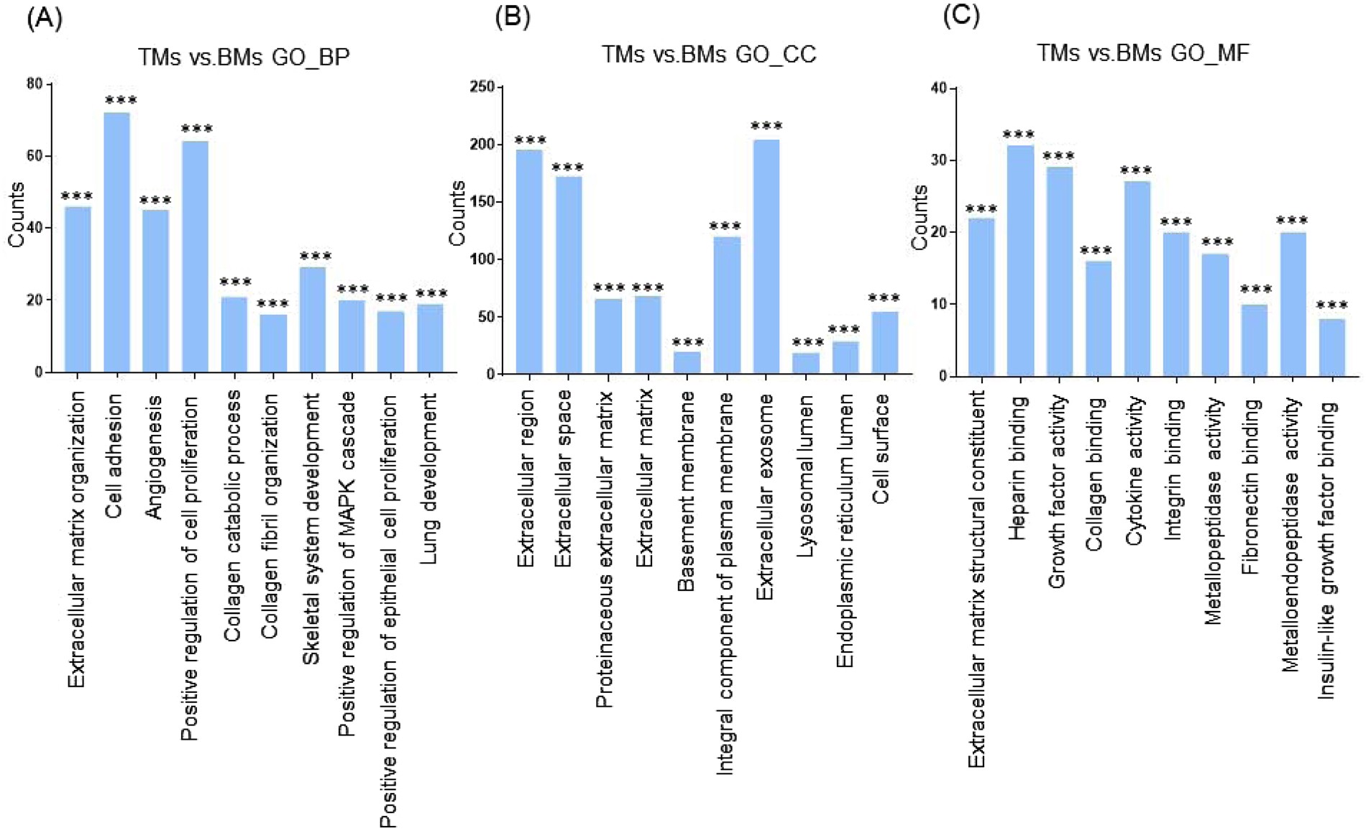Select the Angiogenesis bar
tap(156, 291)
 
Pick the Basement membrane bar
tap(687, 363)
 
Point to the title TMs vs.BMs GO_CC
tap(709, 55)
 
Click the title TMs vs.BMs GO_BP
tap(244, 57)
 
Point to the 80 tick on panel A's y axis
tap(35, 84)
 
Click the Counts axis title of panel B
tap(457, 214)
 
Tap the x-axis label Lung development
tap(429, 478)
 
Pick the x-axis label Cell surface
tap(881, 449)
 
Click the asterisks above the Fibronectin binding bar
tap(1255, 290)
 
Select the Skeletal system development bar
tap(312, 320)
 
